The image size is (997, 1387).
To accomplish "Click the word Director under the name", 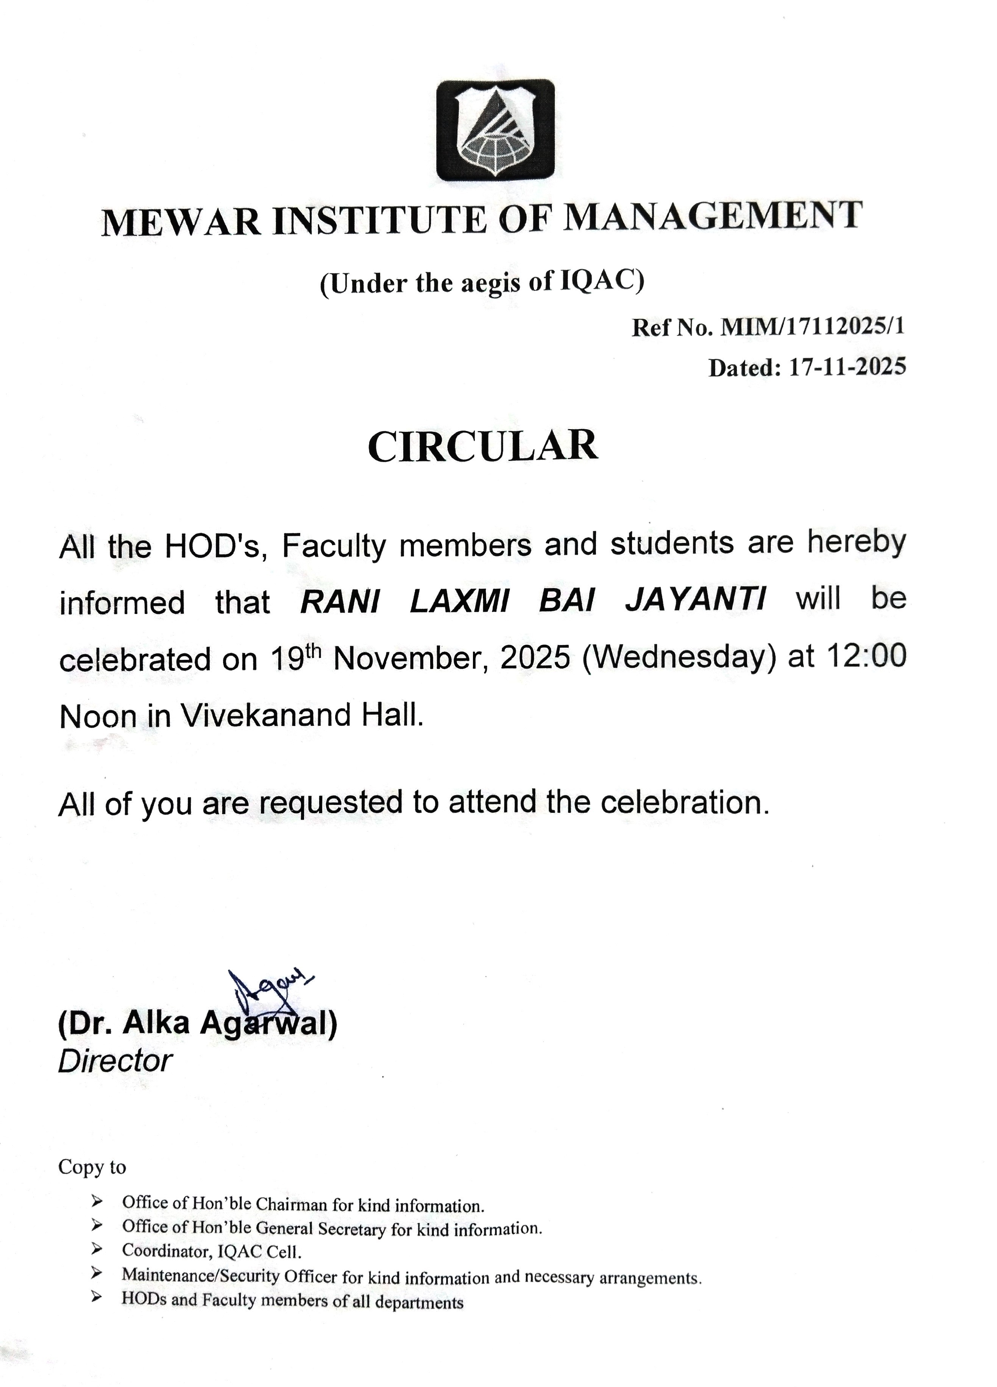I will pyautogui.click(x=115, y=1061).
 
